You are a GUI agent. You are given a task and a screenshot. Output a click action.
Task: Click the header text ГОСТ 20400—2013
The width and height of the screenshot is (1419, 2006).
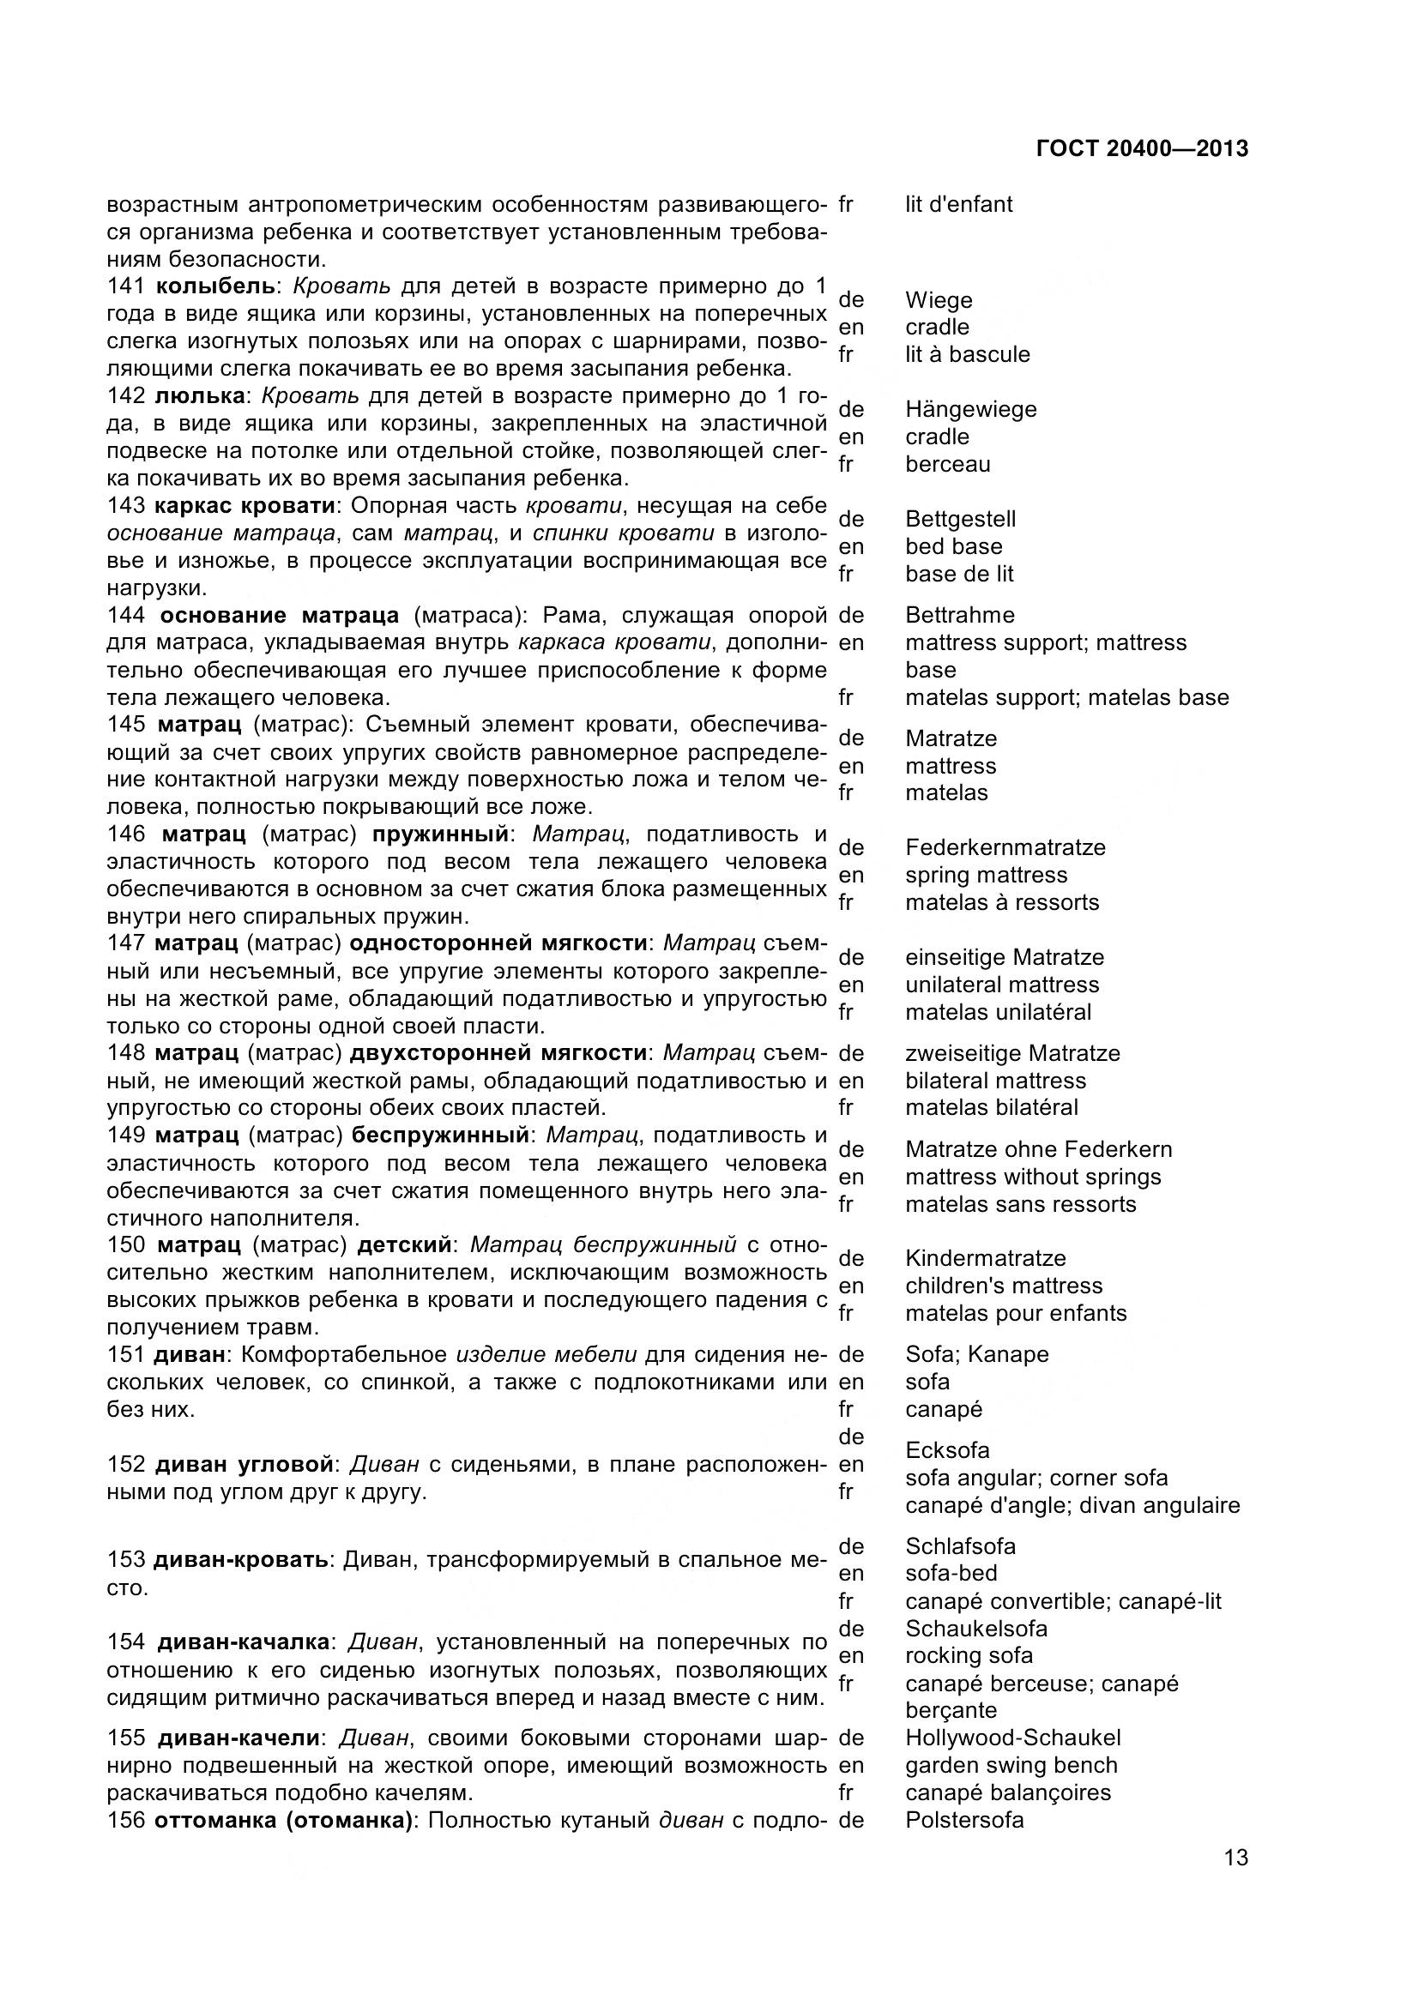(x=1142, y=148)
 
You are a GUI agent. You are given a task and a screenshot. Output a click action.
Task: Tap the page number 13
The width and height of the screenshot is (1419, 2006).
(x=1235, y=1881)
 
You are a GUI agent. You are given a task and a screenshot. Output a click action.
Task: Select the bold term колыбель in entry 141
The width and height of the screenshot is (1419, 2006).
(x=215, y=286)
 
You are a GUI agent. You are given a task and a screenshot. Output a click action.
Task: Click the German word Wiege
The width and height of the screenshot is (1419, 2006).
(x=939, y=299)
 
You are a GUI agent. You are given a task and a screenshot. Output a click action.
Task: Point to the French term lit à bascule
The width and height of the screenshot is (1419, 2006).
(x=967, y=354)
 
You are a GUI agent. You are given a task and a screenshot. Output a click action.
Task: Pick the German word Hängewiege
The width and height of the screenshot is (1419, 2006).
(x=971, y=409)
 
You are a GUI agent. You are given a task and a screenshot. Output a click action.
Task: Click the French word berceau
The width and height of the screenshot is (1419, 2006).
(x=947, y=464)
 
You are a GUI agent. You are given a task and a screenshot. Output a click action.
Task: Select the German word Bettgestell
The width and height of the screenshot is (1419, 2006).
(x=960, y=519)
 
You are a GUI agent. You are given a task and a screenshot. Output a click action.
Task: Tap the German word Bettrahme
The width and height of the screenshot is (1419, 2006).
(x=959, y=615)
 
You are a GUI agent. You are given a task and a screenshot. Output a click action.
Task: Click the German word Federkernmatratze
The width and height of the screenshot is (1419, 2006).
(x=1005, y=847)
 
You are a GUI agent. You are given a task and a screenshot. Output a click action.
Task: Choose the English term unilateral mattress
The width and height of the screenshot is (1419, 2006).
(x=1001, y=985)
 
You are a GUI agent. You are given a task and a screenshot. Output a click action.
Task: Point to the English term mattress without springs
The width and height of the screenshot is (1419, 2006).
(x=1033, y=1177)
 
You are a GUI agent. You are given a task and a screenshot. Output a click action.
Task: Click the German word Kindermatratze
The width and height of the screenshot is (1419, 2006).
(x=986, y=1258)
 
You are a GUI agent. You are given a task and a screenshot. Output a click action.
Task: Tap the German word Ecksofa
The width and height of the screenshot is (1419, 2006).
(x=947, y=1450)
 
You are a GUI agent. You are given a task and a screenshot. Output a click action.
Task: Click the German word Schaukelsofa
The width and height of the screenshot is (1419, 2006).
(x=976, y=1629)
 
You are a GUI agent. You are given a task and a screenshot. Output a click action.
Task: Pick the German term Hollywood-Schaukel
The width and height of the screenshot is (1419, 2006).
(x=1012, y=1738)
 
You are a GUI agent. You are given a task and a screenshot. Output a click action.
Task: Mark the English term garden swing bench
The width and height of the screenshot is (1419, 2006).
(x=1011, y=1765)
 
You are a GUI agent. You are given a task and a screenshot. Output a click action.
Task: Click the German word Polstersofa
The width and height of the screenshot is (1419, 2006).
(x=963, y=1820)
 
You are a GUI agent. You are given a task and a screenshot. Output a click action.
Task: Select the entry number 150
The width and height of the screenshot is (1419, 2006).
(x=128, y=1244)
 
